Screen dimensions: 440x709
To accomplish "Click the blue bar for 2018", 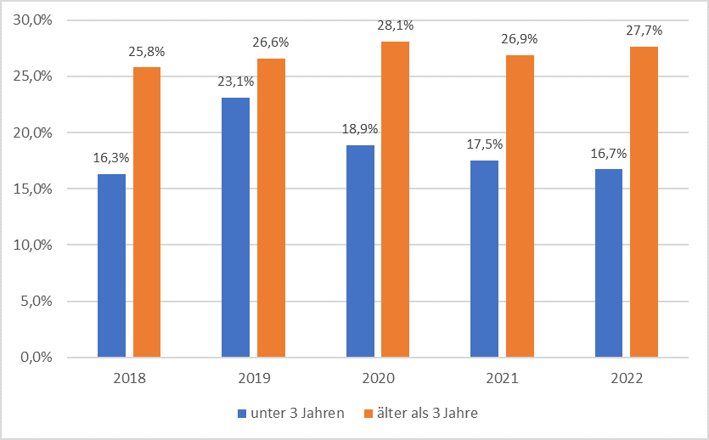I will pyautogui.click(x=111, y=265).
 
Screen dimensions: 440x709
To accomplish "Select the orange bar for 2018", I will pyautogui.click(x=147, y=212).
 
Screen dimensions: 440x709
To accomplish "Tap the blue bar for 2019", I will pyautogui.click(x=235, y=227).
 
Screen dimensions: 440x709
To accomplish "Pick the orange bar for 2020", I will pyautogui.click(x=395, y=199).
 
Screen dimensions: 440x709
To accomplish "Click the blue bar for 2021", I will pyautogui.click(x=484, y=258).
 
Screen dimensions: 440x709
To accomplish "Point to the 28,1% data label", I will pyautogui.click(x=395, y=26).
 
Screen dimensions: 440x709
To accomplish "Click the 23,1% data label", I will pyautogui.click(x=235, y=83).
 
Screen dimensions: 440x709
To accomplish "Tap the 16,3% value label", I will pyautogui.click(x=111, y=158).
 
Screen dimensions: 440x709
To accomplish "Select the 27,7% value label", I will pyautogui.click(x=644, y=31).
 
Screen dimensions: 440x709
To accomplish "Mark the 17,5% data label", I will pyautogui.click(x=484, y=144).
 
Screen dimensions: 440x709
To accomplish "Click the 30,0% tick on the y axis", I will pyautogui.click(x=34, y=20).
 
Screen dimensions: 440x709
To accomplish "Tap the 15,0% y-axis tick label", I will pyautogui.click(x=34, y=189).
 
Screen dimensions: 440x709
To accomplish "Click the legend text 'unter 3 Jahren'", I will pyautogui.click(x=297, y=414).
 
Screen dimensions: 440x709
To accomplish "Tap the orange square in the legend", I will pyautogui.click(x=368, y=414).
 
